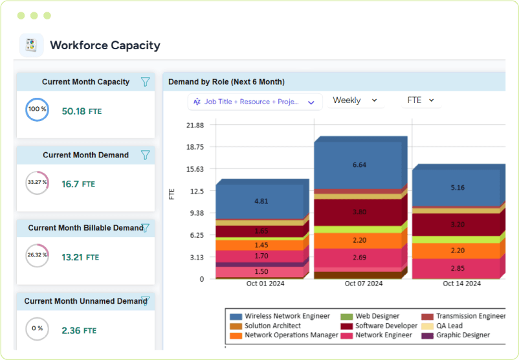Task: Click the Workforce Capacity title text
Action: pyautogui.click(x=105, y=45)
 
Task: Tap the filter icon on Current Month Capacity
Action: pyautogui.click(x=146, y=82)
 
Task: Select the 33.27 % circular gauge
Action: pyautogui.click(x=37, y=182)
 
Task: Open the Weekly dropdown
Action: pyautogui.click(x=355, y=100)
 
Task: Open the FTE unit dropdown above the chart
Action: pyautogui.click(x=420, y=100)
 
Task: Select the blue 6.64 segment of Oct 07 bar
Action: pyautogui.click(x=359, y=165)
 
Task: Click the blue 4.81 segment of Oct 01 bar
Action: pyautogui.click(x=261, y=201)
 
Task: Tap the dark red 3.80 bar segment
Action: pyautogui.click(x=359, y=212)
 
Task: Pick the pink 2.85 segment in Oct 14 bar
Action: pyautogui.click(x=457, y=269)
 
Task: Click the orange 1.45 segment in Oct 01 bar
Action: pyautogui.click(x=261, y=245)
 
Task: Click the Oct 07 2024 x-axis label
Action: pyautogui.click(x=363, y=284)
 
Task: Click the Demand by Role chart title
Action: pyautogui.click(x=226, y=82)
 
